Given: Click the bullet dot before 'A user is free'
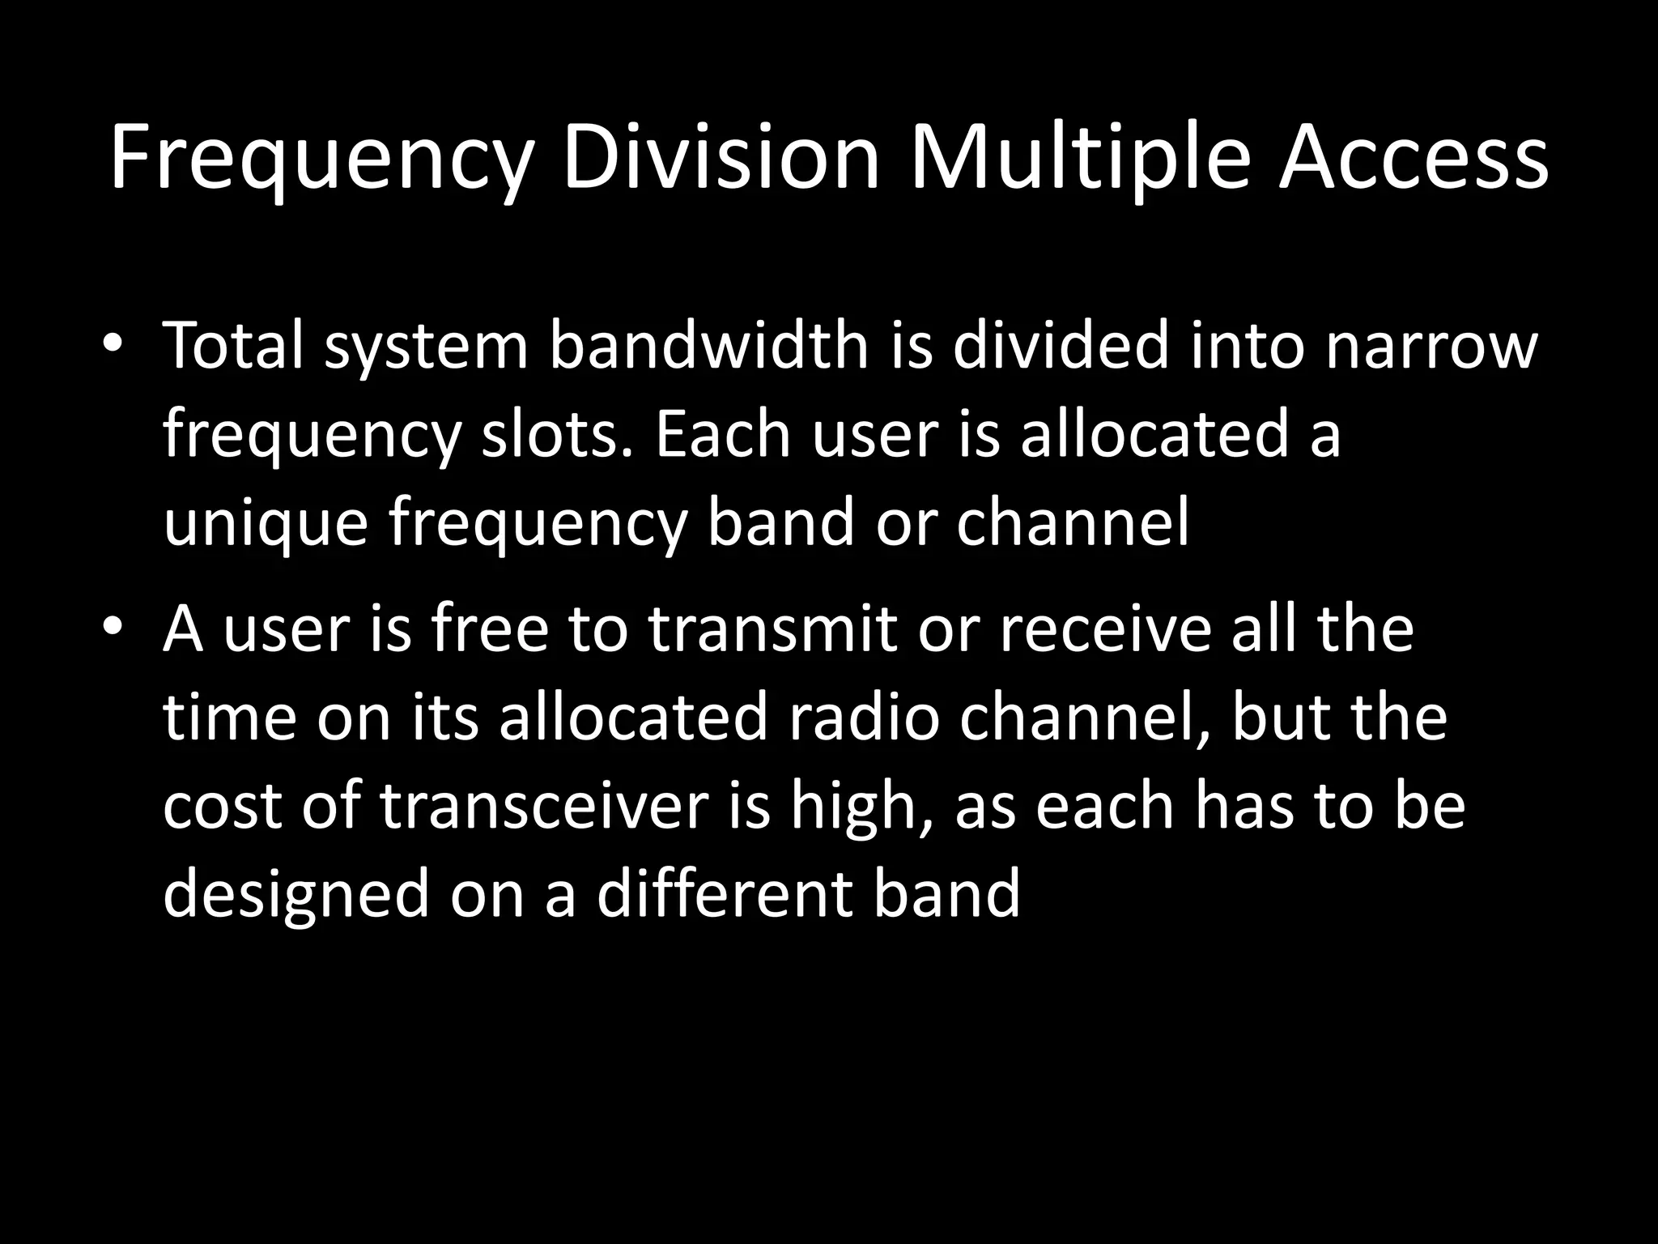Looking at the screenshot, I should point(113,627).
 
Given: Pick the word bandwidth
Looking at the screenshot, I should point(709,346).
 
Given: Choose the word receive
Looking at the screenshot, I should point(1105,629).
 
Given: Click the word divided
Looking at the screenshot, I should point(1061,346).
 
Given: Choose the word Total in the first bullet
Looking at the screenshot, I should point(234,346).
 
